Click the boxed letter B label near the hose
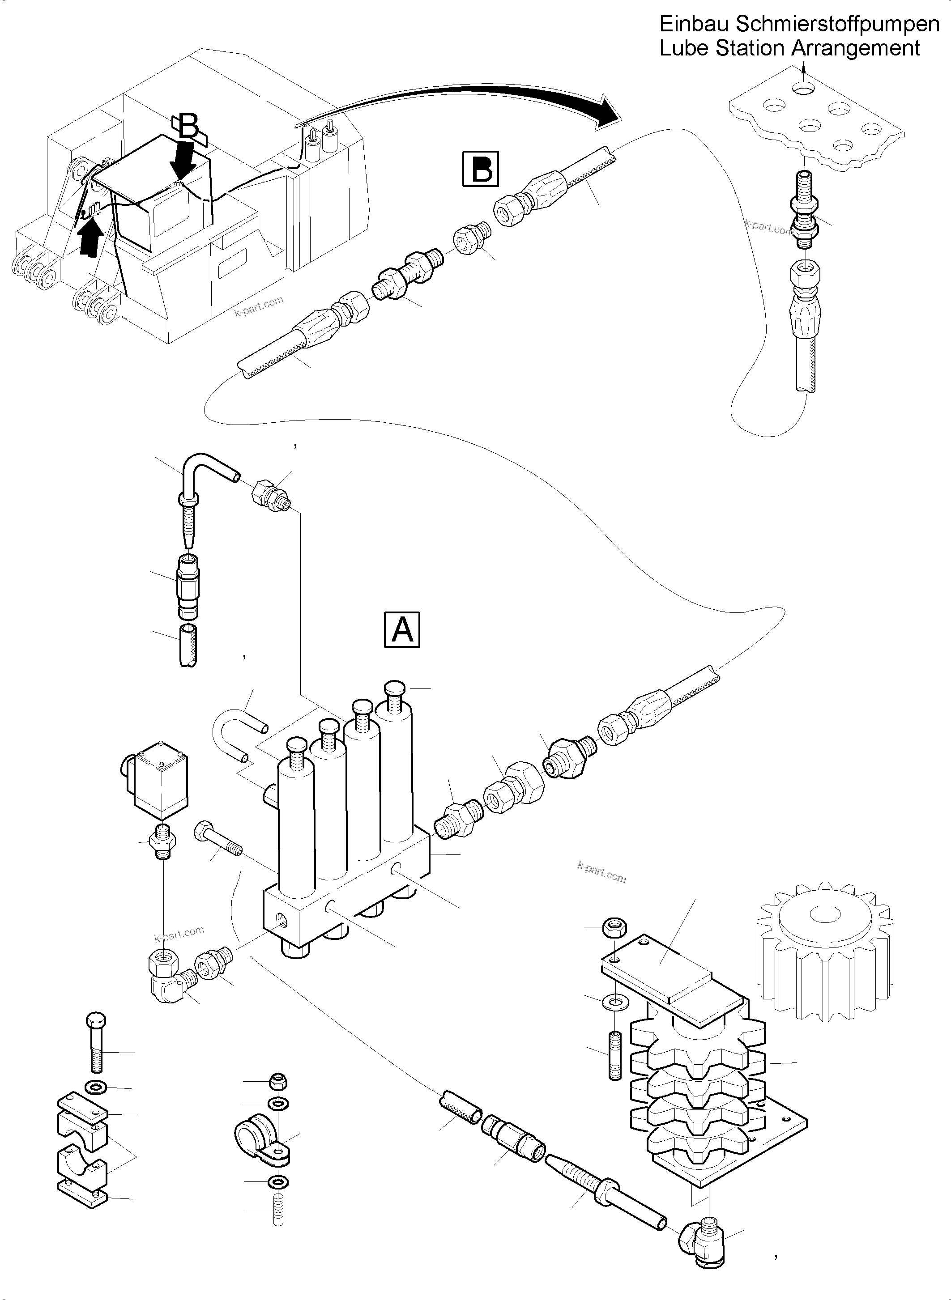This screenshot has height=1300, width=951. [481, 169]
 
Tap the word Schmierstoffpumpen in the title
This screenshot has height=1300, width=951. [838, 24]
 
